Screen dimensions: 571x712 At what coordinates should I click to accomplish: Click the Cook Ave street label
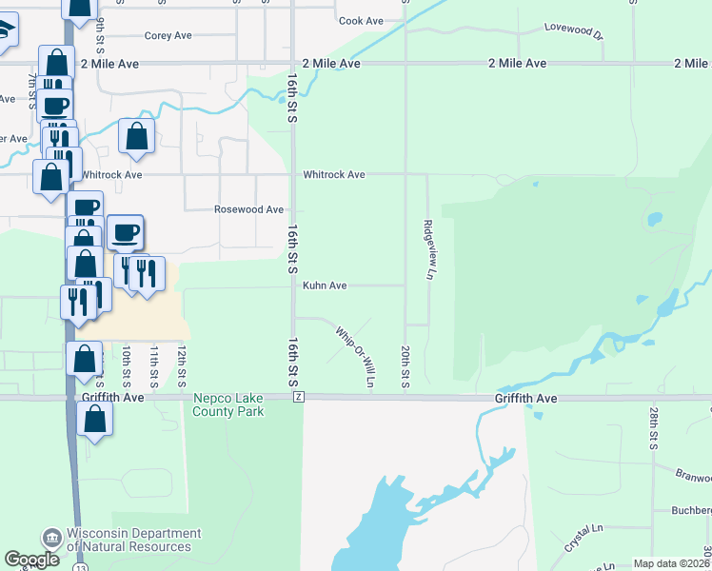click(361, 21)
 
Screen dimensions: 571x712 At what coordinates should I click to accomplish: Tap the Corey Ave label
click(168, 36)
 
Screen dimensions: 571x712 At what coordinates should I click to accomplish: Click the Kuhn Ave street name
click(325, 285)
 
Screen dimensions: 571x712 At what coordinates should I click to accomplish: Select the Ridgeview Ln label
click(429, 250)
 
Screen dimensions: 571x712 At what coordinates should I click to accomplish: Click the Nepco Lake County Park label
click(228, 405)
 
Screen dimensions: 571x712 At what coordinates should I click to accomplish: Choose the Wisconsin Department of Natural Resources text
click(133, 541)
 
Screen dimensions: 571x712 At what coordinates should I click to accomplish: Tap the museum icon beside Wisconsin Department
click(50, 540)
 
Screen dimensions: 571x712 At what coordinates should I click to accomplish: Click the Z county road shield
click(299, 396)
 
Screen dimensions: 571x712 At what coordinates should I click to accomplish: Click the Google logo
click(32, 560)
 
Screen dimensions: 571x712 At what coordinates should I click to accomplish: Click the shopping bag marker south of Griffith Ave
click(94, 419)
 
